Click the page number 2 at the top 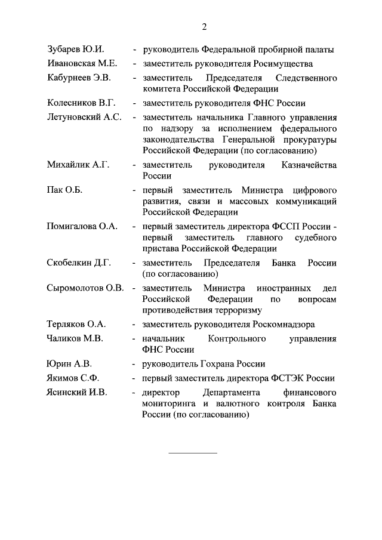point(204,26)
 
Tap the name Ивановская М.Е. point(82,63)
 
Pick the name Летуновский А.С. point(84,117)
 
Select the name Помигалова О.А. point(82,227)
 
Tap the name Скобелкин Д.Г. point(80,263)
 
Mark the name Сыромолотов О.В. point(85,288)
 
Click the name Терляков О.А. point(76,325)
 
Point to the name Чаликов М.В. point(75,339)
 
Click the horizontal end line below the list point(193,452)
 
